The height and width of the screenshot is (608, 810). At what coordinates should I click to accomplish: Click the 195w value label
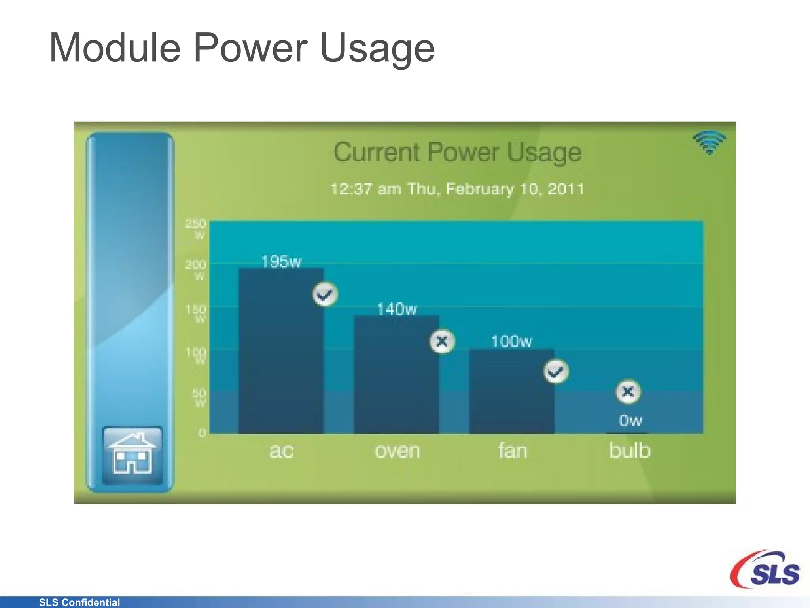coord(281,262)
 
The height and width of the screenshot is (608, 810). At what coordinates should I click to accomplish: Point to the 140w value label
coord(397,309)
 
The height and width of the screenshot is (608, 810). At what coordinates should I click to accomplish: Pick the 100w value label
coord(511,341)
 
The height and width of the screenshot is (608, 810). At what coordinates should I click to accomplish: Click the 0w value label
coord(630,420)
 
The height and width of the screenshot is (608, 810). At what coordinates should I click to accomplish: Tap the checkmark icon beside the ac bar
coord(325,294)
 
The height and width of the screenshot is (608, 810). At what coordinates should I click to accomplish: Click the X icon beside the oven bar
coord(442,341)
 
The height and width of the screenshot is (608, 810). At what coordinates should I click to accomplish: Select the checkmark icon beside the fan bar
coord(556,372)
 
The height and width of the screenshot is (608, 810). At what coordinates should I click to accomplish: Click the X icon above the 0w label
coord(628,392)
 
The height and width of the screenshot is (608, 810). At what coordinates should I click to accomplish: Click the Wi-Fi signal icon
coord(709,142)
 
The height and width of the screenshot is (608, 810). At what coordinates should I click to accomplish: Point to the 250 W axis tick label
coord(196,229)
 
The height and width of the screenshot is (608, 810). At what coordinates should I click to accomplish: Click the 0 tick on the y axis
coord(202,433)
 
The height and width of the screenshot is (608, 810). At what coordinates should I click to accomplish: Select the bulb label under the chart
coord(630,451)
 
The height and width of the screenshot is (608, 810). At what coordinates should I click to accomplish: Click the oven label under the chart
coord(397,451)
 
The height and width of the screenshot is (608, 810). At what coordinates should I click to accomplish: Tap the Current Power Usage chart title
coord(457,152)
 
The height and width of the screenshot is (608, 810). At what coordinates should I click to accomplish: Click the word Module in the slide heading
coord(115,48)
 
